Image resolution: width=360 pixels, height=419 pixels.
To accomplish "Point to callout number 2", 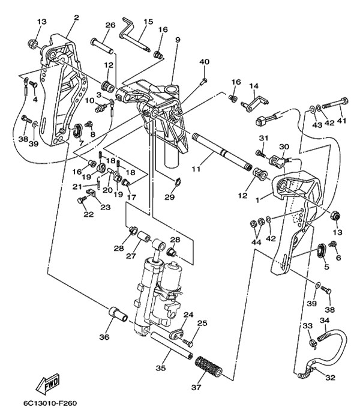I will point(76,17).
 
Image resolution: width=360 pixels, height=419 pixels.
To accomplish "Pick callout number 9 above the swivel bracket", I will point(178,40).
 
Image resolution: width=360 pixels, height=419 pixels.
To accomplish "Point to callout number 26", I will point(110,25).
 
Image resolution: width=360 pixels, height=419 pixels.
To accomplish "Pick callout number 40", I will point(204,61).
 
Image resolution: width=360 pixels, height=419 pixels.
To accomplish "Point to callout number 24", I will point(188,315).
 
